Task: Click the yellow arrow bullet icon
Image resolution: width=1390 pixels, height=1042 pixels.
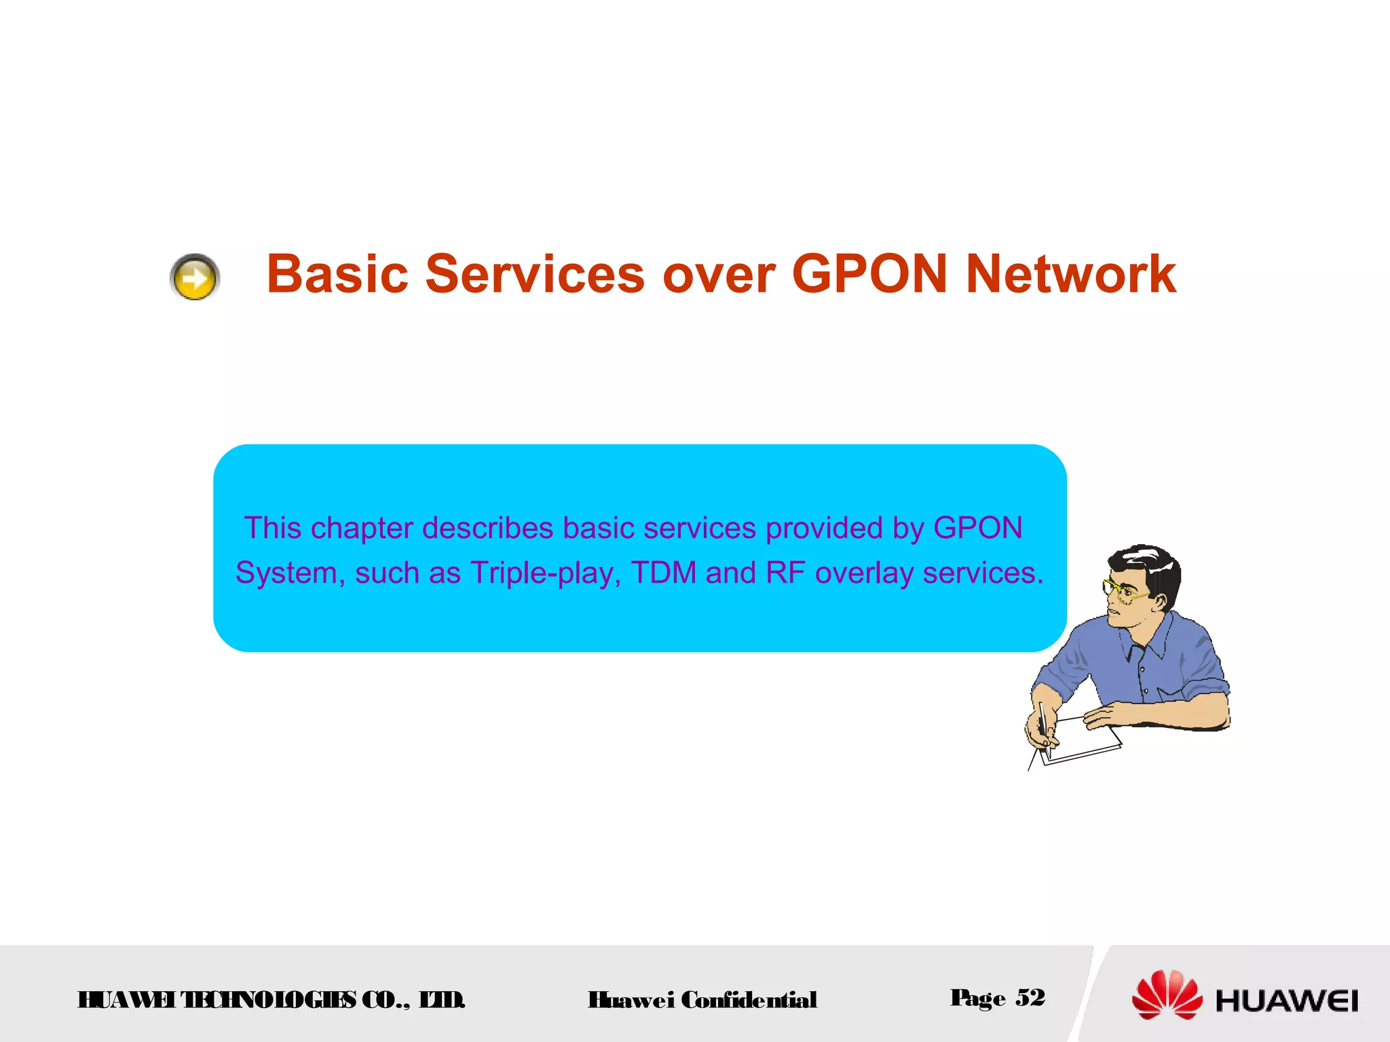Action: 195,277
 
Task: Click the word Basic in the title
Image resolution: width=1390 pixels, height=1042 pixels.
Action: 337,274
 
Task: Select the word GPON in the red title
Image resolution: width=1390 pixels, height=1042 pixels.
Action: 869,274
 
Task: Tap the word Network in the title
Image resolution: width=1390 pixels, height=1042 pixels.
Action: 1070,274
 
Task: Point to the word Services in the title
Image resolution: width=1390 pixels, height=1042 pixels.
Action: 535,274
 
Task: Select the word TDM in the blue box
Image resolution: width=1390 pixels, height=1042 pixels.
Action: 664,573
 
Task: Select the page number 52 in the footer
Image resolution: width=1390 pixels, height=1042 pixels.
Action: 1030,997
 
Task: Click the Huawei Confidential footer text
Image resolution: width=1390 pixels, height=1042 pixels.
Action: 702,1000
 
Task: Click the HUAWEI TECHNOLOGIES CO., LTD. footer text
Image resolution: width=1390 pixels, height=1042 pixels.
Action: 271,1000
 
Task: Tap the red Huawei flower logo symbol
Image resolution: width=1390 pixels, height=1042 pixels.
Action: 1167,995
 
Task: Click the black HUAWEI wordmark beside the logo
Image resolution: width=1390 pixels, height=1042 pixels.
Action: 1287,1001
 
